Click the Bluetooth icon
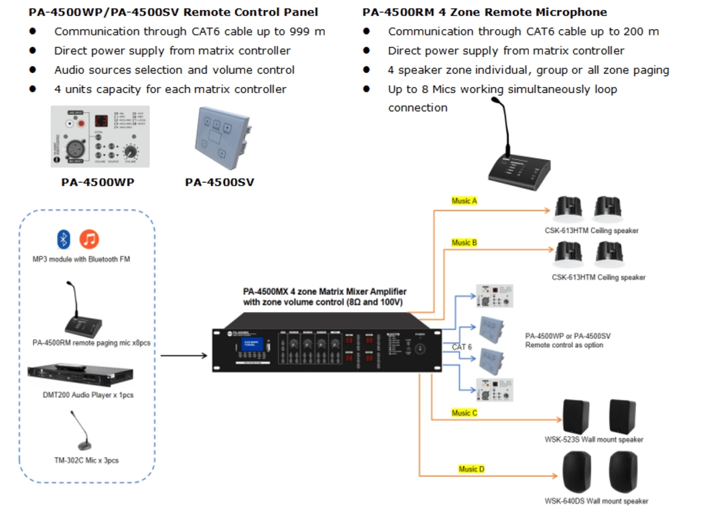(x=64, y=239)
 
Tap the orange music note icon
(x=89, y=239)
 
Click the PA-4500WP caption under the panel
(x=98, y=181)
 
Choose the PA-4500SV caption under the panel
(x=220, y=181)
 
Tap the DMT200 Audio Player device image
(x=80, y=375)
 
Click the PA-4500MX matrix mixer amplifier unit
(x=328, y=349)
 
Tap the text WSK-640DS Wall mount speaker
(x=597, y=501)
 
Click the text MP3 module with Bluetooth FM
(x=82, y=259)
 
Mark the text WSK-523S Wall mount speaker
(x=594, y=440)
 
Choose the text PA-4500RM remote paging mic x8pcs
(x=92, y=343)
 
